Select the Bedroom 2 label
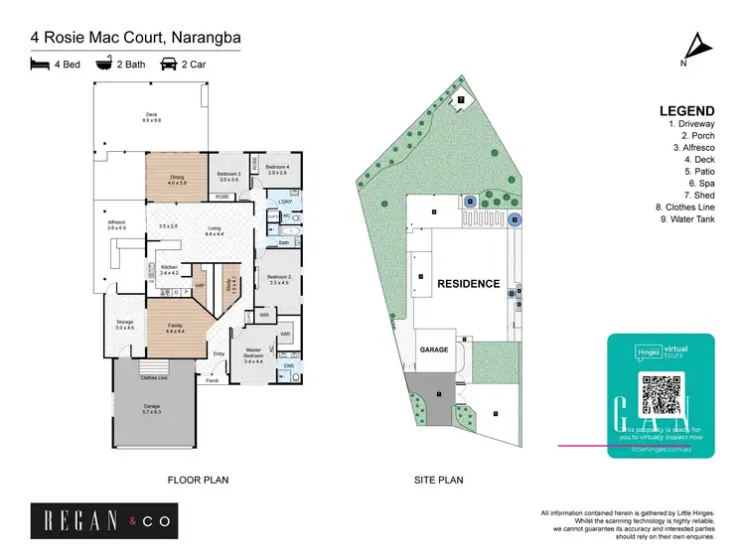(278, 278)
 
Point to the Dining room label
(177, 179)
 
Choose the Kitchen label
(169, 267)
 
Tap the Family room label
(175, 325)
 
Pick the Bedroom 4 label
(277, 168)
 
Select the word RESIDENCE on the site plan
(469, 284)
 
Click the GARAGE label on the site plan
(434, 350)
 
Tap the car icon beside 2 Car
(168, 65)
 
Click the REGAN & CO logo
(99, 518)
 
